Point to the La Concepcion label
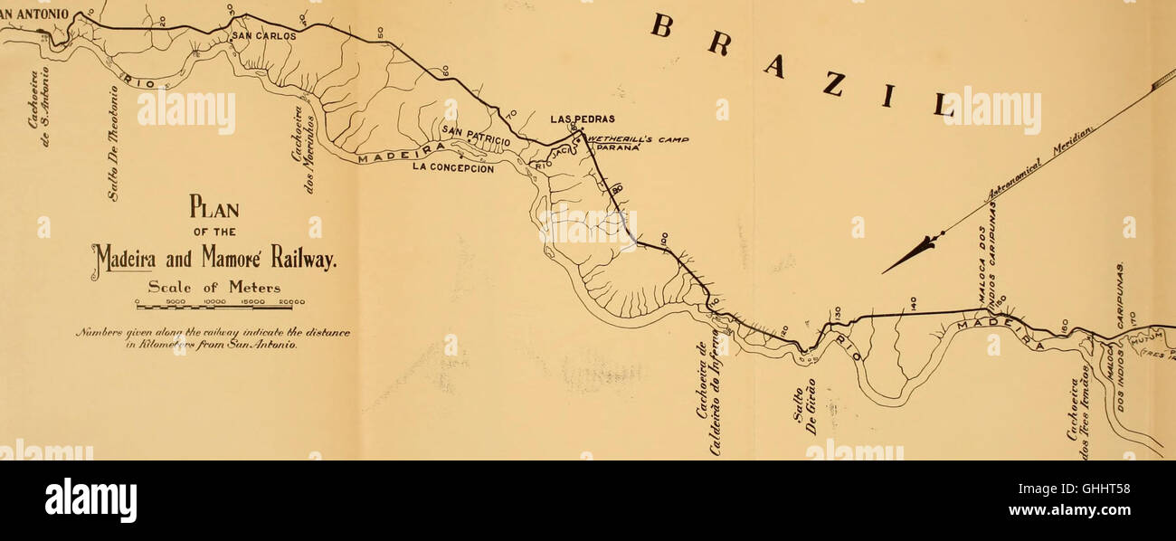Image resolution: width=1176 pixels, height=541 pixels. tap(452, 166)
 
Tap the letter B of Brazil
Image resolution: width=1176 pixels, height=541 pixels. tap(662, 27)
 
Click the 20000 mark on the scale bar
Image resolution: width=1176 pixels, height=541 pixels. tap(291, 302)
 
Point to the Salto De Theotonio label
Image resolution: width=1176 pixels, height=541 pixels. tap(113, 145)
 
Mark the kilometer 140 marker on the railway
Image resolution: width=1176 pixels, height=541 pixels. tap(914, 305)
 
